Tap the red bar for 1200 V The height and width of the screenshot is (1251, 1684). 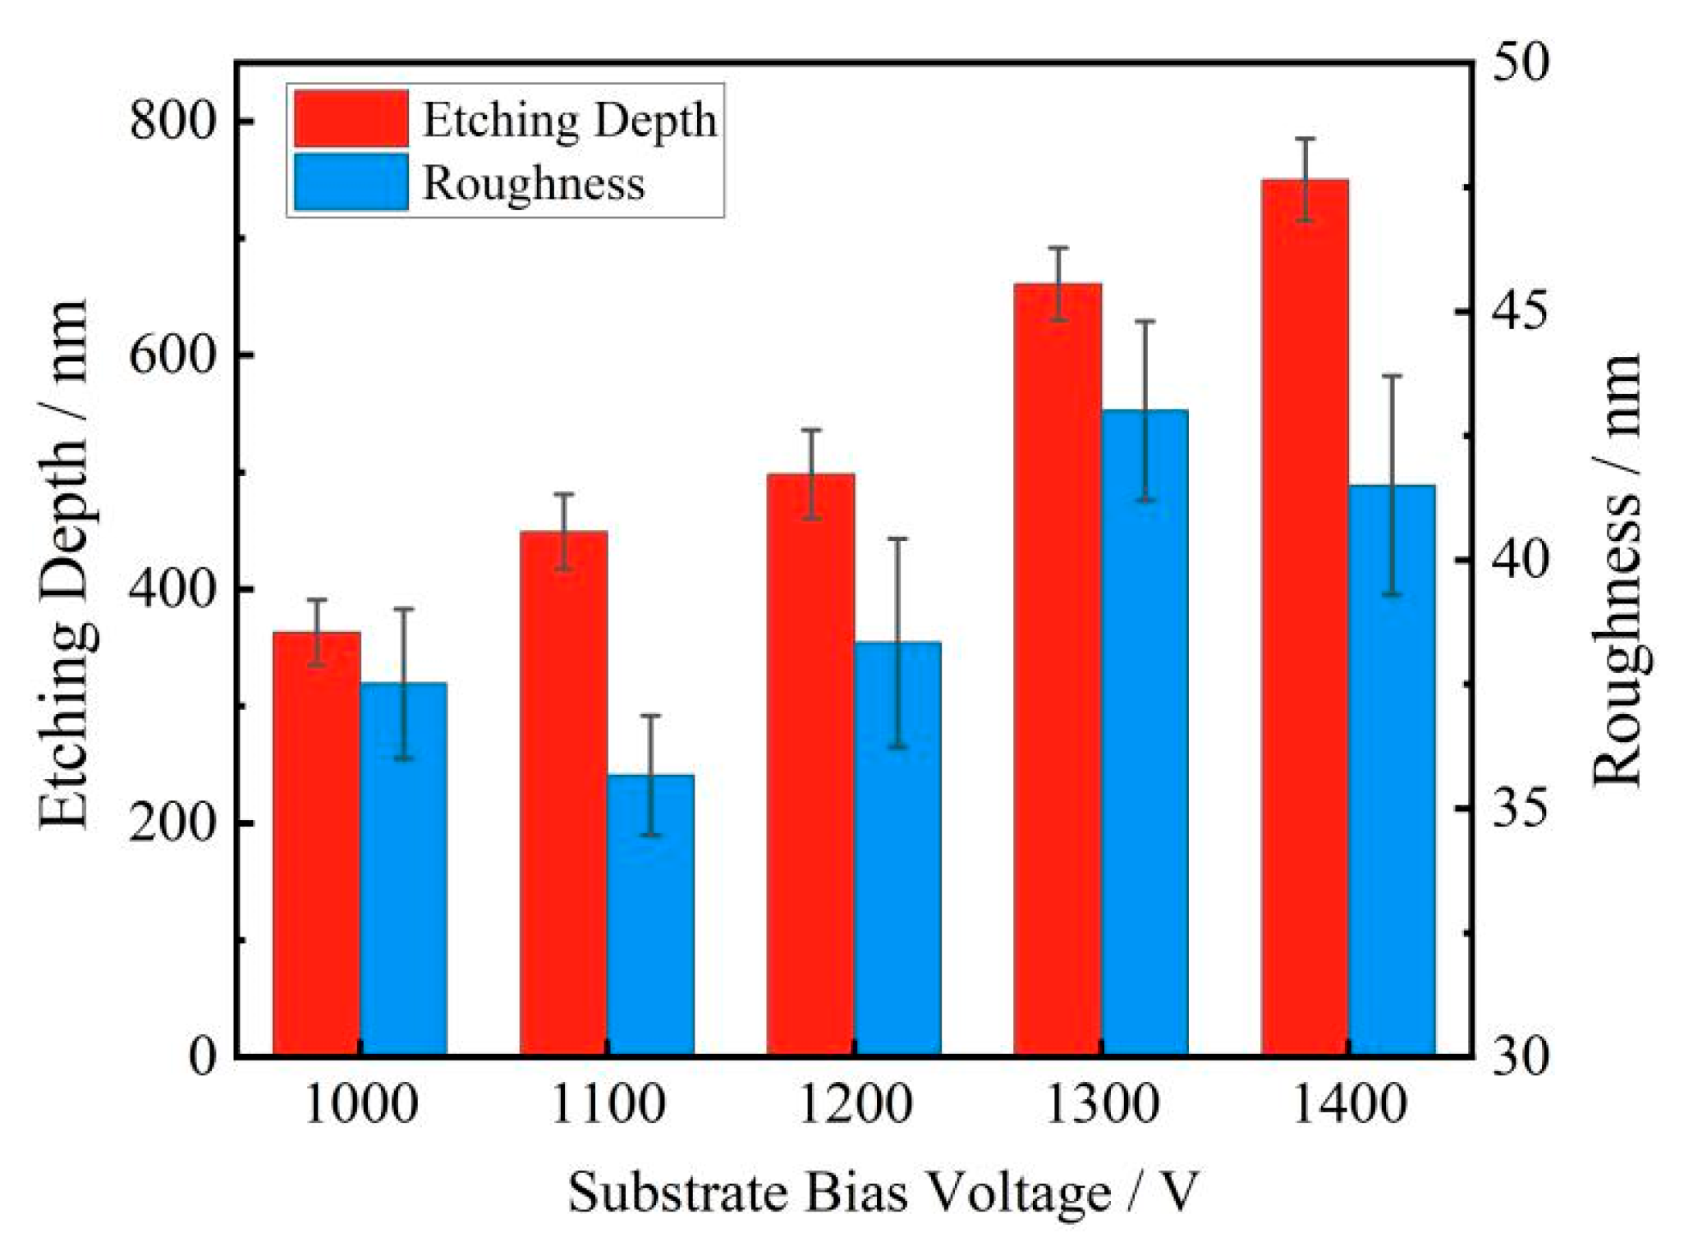click(x=810, y=763)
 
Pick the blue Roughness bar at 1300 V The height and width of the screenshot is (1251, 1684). click(x=1145, y=731)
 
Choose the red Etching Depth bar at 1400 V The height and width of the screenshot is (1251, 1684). click(x=1305, y=616)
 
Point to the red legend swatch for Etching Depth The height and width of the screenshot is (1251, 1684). click(x=351, y=119)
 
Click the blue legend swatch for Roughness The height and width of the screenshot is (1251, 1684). click(x=351, y=182)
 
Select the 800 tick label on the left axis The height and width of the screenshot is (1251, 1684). click(x=172, y=121)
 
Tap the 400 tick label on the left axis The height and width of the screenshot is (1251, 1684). click(x=172, y=589)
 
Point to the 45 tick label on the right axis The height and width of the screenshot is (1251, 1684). click(x=1518, y=312)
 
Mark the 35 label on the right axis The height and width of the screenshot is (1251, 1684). click(x=1518, y=809)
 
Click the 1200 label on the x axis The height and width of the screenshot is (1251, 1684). click(x=855, y=1105)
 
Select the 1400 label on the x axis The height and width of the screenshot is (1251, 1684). click(x=1349, y=1105)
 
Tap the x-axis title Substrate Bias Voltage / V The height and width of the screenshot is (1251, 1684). click(x=883, y=1193)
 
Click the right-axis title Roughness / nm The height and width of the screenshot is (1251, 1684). click(x=1615, y=571)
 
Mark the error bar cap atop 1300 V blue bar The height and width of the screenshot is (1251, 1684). click(x=1145, y=321)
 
